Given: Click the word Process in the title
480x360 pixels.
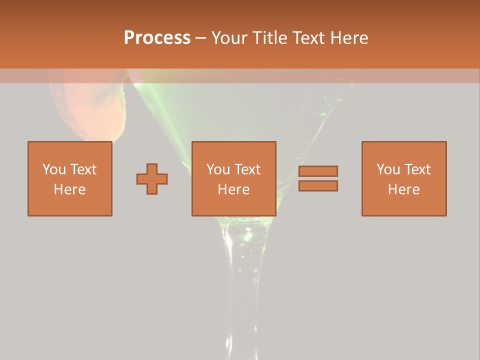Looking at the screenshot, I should point(157,38).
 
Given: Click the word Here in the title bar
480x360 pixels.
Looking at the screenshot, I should point(350,38).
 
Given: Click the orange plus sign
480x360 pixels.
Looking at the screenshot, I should point(152,178).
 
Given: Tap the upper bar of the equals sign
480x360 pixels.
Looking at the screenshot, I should point(318,171).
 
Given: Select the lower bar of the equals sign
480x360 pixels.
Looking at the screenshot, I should point(318,186).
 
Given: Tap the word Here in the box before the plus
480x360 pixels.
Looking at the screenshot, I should point(70,189).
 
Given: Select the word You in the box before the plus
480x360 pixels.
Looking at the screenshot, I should point(54,169).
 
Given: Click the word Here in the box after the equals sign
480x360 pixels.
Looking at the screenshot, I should point(404,189).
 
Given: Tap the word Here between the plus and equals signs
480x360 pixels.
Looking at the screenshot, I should point(233,189).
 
